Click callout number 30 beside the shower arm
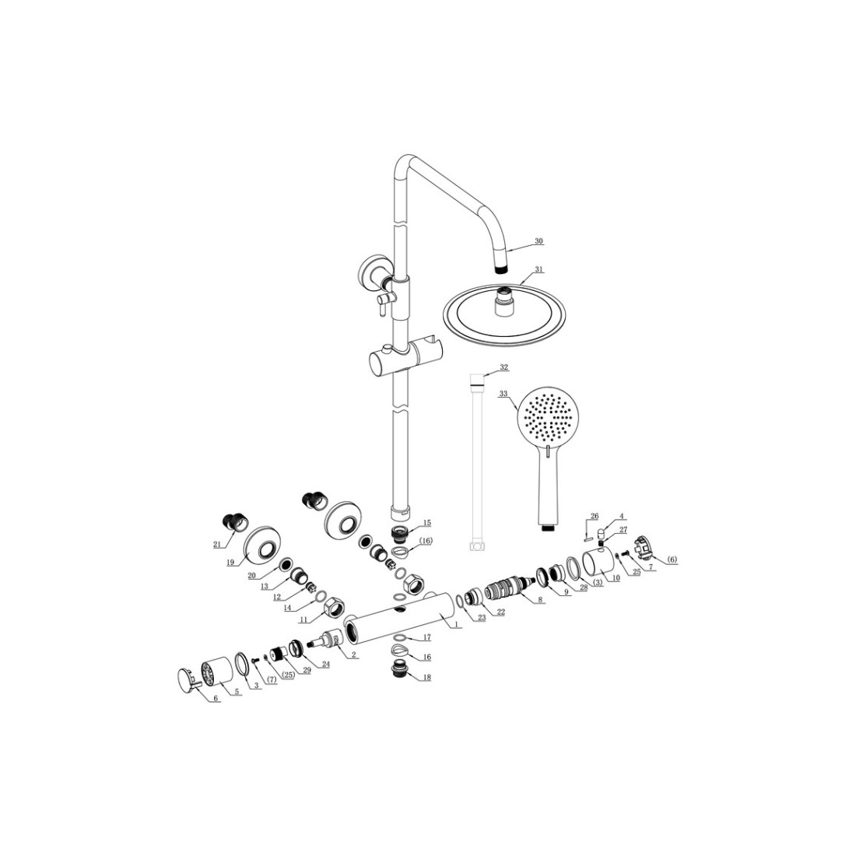point(539,240)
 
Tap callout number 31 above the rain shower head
point(539,269)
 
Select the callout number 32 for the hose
point(504,367)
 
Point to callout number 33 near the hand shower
point(503,393)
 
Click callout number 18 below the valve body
point(427,678)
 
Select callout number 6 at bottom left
point(216,698)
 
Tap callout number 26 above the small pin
point(595,516)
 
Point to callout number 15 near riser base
point(427,522)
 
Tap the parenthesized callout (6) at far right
point(672,560)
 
